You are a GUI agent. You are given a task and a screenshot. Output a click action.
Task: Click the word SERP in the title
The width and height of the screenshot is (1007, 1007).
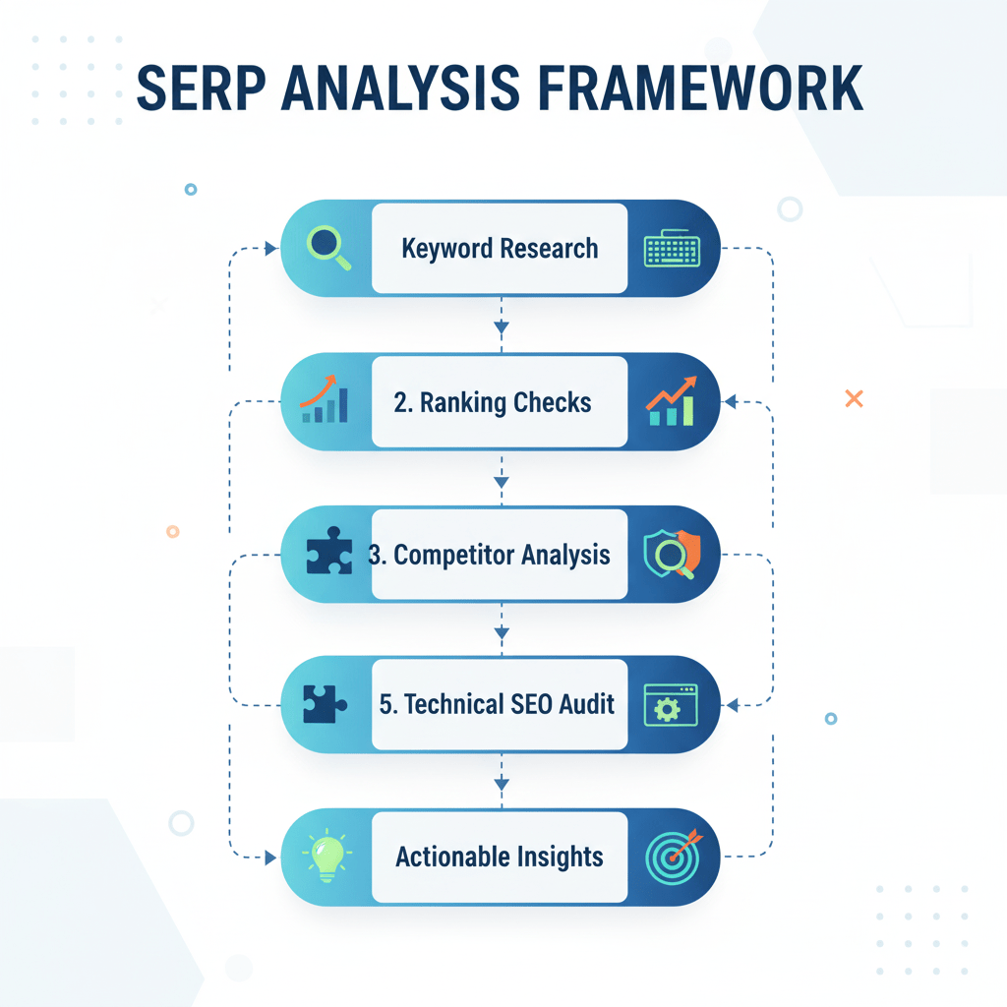click(201, 88)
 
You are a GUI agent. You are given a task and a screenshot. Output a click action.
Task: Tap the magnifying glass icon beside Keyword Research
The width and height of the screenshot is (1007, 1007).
click(327, 247)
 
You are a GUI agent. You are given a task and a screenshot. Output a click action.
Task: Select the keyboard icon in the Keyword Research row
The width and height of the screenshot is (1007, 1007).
click(672, 248)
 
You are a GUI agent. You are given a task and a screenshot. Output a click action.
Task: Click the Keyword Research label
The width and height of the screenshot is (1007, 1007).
click(500, 248)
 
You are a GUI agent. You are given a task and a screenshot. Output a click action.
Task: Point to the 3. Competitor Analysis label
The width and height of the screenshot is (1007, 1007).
click(489, 555)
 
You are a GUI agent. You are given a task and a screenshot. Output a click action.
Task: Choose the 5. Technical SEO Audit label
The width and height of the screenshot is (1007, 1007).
click(497, 704)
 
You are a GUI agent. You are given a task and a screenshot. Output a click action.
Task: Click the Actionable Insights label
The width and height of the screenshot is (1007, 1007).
click(499, 857)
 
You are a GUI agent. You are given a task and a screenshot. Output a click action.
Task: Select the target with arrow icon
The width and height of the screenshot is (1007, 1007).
click(673, 855)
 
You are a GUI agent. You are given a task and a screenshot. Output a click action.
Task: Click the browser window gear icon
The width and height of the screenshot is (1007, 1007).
click(670, 704)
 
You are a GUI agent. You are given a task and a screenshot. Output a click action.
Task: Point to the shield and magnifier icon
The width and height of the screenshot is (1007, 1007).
click(672, 555)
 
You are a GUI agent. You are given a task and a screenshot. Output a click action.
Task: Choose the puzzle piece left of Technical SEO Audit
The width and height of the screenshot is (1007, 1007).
click(326, 704)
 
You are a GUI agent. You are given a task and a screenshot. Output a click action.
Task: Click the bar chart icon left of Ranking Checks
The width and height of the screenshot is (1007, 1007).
click(325, 401)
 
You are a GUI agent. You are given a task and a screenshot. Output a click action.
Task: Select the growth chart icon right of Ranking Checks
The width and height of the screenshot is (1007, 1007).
click(672, 401)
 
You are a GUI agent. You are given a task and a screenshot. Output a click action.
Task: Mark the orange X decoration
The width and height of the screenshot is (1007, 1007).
click(854, 398)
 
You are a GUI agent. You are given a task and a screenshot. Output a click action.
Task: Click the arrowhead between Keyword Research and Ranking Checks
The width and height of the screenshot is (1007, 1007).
click(502, 327)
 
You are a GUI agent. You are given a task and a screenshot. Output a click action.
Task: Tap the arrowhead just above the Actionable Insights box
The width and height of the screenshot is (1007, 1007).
click(502, 784)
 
